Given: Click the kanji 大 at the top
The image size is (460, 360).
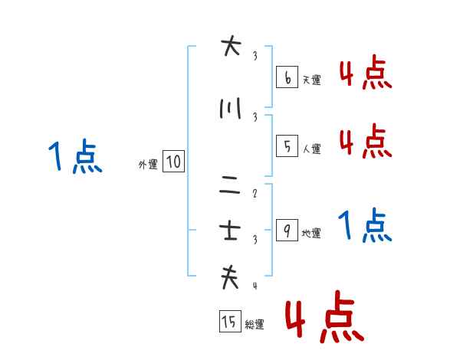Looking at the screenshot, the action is coord(231,46).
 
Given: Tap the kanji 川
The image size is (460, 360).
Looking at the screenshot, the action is coord(230,108).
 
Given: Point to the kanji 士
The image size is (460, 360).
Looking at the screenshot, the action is coord(230,231).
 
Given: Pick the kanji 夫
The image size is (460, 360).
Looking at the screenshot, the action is coord(230,277).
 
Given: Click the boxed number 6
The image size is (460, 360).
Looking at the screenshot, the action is coord(287,77).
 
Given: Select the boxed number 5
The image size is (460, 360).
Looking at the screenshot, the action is coord(287,146).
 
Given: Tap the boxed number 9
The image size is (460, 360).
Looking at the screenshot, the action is coord(287,230).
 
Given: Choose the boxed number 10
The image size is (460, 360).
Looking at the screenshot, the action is coord(173,162).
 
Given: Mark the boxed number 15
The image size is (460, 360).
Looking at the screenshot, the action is coord(230,321).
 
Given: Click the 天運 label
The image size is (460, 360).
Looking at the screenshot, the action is coord(312,80).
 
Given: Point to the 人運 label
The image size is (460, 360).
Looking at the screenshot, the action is coord(312,149).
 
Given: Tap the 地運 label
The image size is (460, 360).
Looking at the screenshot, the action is coord(311,233).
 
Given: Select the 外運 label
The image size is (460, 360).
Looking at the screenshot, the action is coord(148,165).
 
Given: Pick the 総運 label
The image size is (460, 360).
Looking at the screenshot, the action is coord(255,324).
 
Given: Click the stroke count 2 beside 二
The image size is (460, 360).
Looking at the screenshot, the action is coord(255,193).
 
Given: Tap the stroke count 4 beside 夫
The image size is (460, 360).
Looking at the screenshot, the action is coord(255,286).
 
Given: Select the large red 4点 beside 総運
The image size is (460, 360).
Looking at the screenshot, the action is coord(324,316).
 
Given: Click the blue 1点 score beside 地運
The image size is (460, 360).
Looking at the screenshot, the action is coord(365,225).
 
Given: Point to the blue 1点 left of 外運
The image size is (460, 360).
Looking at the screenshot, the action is coord(75,156).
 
